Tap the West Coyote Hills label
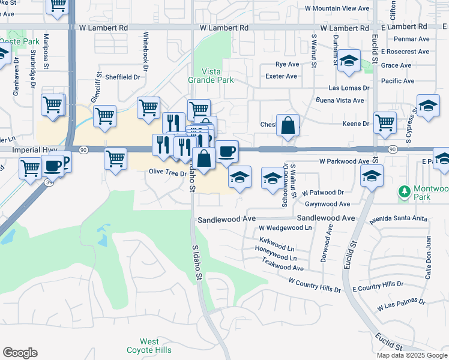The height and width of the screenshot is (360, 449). tap(149, 346)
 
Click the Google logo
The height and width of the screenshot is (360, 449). tap(20, 353)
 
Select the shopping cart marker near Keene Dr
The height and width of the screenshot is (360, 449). tap(385, 122)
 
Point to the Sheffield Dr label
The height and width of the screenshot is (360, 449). tap(122, 77)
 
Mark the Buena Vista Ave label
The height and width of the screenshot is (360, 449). tap(340, 100)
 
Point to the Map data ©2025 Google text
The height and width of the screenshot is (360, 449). tap(412, 355)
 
